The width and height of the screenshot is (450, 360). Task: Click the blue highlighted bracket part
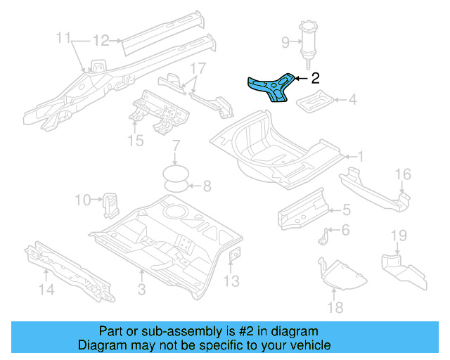tap(271, 89)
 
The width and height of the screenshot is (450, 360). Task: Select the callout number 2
tap(315, 79)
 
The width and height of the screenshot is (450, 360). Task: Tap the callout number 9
tap(285, 43)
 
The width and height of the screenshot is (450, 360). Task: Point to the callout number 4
tap(352, 100)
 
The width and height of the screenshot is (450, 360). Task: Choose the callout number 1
tap(359, 156)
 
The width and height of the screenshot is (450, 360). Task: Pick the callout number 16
tap(401, 175)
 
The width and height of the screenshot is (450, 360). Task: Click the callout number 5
tap(346, 209)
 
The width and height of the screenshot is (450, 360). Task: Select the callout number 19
tap(399, 234)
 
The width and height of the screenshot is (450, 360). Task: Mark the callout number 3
tap(141, 289)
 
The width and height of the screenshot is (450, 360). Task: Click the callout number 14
tap(46, 288)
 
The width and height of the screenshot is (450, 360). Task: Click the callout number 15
tap(136, 141)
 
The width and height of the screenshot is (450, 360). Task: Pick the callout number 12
tap(101, 40)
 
